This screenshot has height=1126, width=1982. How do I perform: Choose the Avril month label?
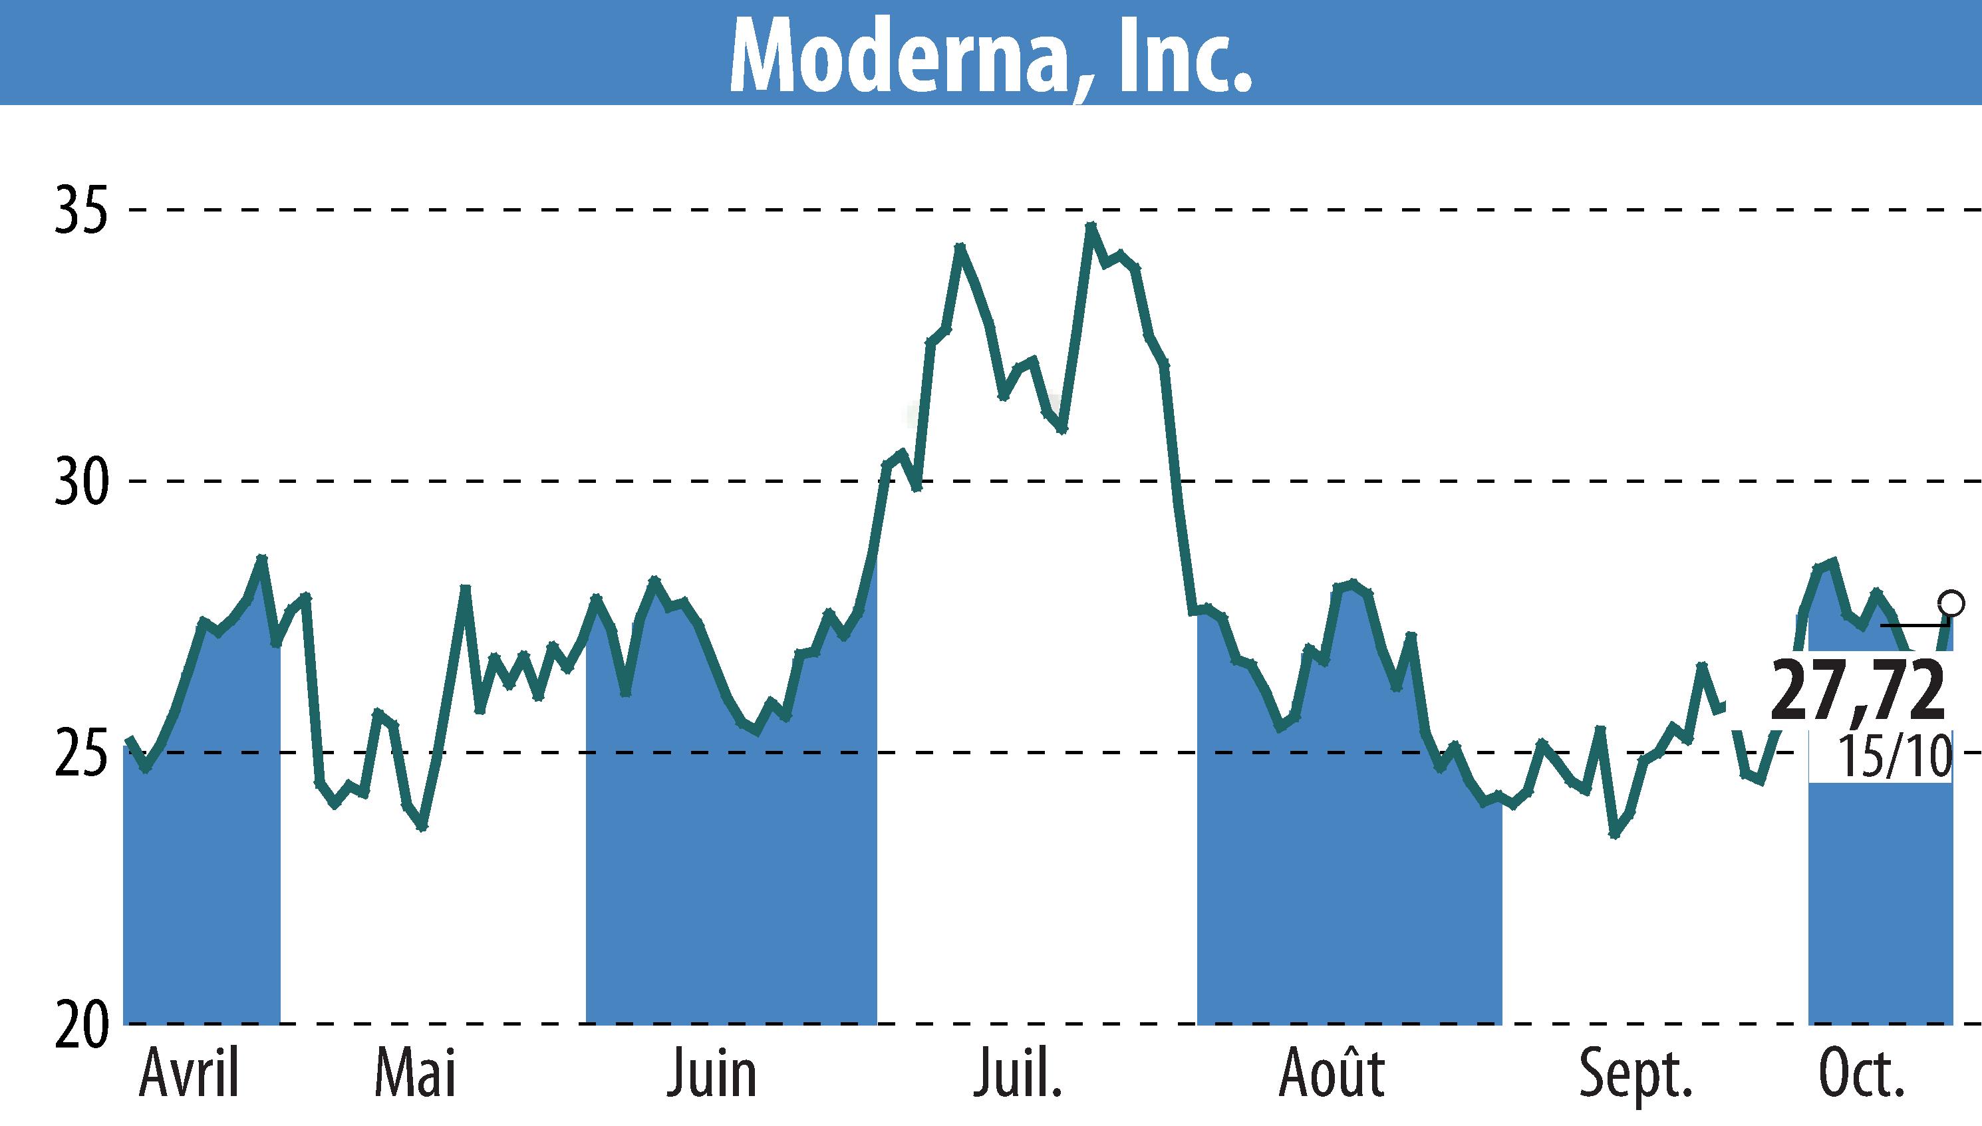click(190, 1073)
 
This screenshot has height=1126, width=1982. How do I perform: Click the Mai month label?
click(415, 1073)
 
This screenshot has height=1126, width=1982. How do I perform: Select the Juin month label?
click(712, 1073)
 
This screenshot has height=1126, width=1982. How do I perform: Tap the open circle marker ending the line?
click(1951, 603)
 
